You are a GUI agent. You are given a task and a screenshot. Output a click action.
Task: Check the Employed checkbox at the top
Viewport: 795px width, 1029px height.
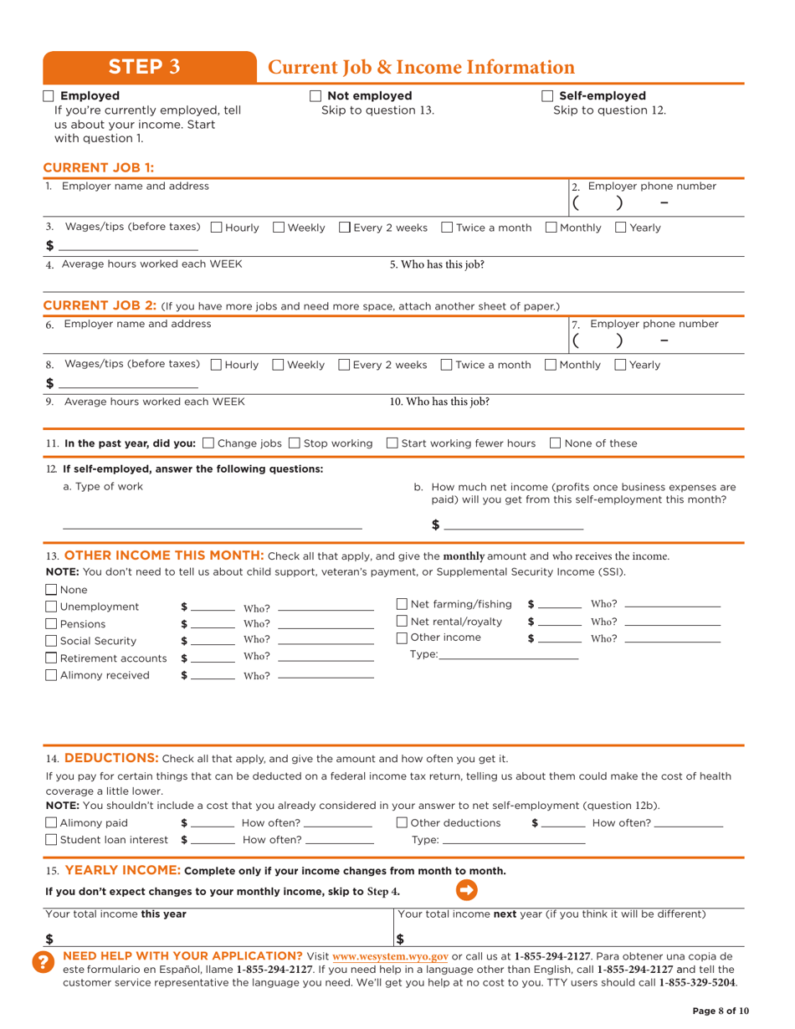49,95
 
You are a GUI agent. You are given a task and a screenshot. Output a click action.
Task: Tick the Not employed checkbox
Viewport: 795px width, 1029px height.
315,95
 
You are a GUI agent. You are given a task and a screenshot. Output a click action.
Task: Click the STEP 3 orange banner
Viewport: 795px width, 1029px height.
149,67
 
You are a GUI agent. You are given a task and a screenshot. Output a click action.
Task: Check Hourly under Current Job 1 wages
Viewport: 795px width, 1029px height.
217,228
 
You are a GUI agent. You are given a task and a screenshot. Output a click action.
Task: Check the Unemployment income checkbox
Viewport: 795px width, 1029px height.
51,607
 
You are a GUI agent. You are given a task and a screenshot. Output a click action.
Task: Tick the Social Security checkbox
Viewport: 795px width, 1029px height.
51,641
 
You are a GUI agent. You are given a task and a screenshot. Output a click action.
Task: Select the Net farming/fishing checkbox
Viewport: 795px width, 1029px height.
402,604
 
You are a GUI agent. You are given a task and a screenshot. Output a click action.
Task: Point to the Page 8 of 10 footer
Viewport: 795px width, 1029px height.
721,1011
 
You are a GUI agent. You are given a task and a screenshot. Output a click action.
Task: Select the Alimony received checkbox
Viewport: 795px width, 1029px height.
51,675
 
